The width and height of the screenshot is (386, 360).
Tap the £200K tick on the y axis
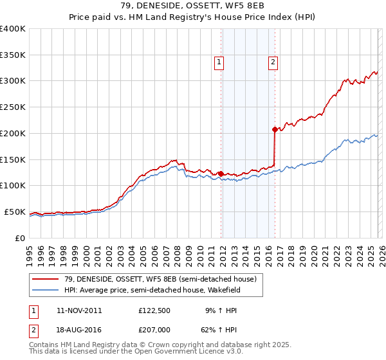pos(12,133)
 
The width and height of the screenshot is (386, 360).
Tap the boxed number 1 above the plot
pos(220,62)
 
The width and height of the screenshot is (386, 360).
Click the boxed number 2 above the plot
pos(273,62)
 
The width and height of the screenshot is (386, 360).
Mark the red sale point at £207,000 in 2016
pos(275,129)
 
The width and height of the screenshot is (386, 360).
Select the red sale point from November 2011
pos(221,174)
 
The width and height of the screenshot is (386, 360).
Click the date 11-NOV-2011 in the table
pos(79,310)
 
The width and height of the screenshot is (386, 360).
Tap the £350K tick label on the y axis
pos(12,55)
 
